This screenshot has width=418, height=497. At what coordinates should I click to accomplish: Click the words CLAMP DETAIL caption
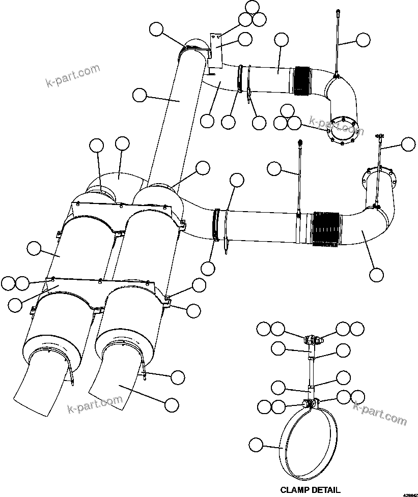[x=310, y=490]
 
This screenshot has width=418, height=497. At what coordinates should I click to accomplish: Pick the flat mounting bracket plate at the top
[x=216, y=49]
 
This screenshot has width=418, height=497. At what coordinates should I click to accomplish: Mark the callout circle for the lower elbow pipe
[x=376, y=274]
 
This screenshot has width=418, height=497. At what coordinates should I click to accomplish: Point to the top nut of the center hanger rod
[x=300, y=142]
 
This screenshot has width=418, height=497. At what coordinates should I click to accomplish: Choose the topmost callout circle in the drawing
[x=252, y=7]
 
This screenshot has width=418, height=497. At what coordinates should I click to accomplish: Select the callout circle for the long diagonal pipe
[x=139, y=94]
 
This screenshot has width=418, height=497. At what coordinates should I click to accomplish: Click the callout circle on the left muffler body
[x=34, y=248]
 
